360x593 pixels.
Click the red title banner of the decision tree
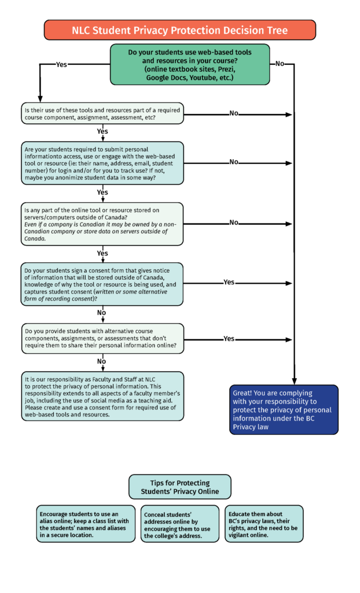point(179,30)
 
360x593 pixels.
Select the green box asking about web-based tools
point(190,65)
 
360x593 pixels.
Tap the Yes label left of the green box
point(61,65)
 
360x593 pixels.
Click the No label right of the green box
point(280,64)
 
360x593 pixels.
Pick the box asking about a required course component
point(102,114)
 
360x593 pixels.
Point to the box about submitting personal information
point(102,163)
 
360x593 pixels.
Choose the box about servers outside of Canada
point(102,224)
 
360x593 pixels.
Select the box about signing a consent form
point(102,284)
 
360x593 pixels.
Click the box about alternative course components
point(102,338)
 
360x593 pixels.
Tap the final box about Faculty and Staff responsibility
point(102,396)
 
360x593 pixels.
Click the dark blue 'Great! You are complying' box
point(284,410)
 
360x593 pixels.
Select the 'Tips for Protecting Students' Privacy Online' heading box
point(180,487)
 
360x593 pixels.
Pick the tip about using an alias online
point(86,524)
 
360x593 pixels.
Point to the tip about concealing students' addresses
point(180,524)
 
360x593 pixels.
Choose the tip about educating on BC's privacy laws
point(265,524)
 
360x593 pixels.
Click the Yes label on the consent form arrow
point(229,282)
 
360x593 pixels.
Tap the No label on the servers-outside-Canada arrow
point(234,222)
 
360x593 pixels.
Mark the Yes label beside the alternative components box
point(229,338)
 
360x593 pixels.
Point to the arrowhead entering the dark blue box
point(294,381)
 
